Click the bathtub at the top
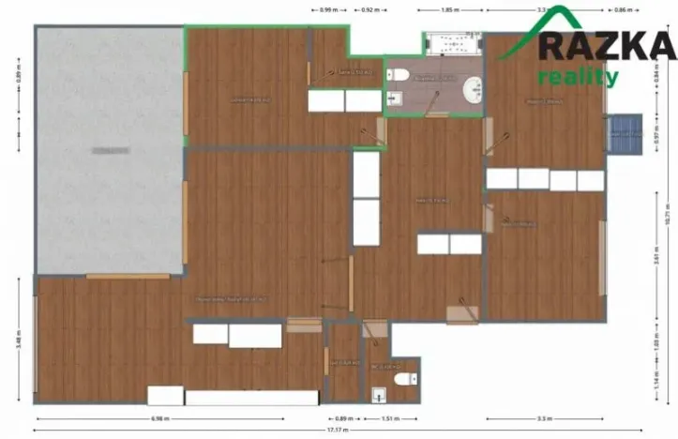(x=453, y=44)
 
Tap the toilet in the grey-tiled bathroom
(x=400, y=75)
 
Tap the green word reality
(x=578, y=77)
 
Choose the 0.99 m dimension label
(x=328, y=9)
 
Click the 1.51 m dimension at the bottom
(x=388, y=418)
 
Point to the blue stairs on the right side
(x=622, y=136)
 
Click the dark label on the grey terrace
(x=110, y=150)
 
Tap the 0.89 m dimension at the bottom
(x=344, y=418)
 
